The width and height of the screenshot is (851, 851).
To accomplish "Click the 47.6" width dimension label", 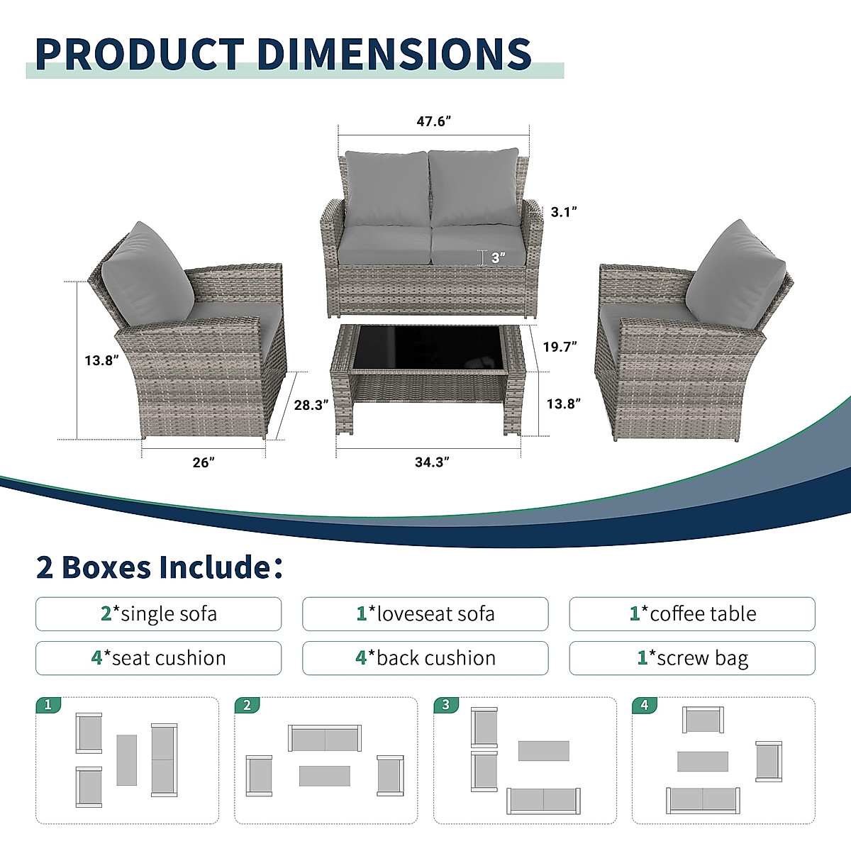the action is point(433,121).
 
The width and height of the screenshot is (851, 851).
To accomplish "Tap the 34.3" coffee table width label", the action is point(432,462).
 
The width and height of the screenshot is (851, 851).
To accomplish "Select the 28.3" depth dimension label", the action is point(311,405).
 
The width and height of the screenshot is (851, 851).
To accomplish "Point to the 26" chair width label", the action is point(203,462).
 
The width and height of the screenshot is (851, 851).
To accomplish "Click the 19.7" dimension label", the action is point(560,347).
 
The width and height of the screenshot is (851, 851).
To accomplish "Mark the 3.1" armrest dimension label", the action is point(564,211).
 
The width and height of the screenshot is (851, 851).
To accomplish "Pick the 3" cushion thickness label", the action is point(498,257).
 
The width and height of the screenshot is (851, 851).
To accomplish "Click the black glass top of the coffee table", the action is point(427,347).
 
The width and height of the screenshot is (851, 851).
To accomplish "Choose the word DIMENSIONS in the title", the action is point(394,54).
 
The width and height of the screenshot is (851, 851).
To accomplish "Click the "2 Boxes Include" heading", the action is point(159,567).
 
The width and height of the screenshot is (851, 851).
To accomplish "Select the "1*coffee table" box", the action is point(692,614).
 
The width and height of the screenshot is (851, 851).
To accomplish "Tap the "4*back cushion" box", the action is point(425,658).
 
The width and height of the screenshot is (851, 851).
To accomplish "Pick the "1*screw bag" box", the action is point(692,658).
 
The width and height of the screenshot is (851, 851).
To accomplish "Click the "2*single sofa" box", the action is point(159,614).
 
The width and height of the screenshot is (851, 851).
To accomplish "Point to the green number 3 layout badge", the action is point(445,705).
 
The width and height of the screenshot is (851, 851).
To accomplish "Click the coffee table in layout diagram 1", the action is point(126,760).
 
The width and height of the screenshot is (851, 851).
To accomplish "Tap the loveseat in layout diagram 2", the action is point(325,739).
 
